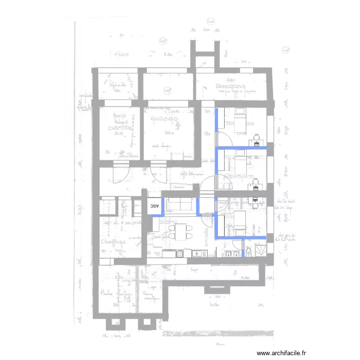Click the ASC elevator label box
[154, 205]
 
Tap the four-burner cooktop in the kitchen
[180, 253]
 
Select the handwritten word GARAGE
[165, 119]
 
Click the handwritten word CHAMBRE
[120, 128]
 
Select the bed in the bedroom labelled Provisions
[239, 163]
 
